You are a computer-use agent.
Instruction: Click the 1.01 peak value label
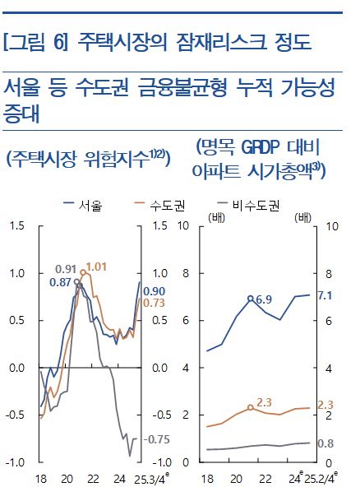click(x=96, y=267)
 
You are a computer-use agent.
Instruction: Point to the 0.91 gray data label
click(x=66, y=268)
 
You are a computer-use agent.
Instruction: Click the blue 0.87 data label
click(x=60, y=282)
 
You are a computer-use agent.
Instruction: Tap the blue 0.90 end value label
click(x=154, y=290)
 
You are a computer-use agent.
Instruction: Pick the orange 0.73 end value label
click(x=154, y=304)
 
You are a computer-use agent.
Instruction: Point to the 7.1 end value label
click(x=324, y=295)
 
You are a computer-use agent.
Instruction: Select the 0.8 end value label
click(x=324, y=444)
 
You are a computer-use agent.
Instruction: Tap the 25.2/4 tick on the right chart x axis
click(x=321, y=478)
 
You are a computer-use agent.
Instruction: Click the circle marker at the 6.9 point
click(x=250, y=299)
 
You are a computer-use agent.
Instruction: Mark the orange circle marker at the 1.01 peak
click(x=84, y=272)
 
